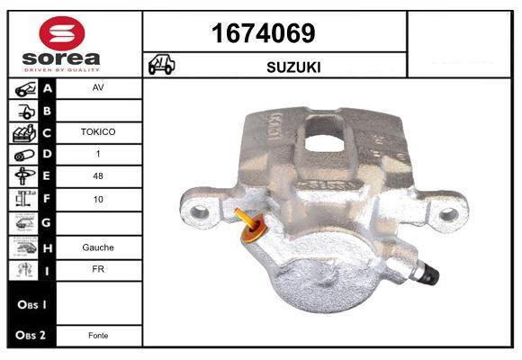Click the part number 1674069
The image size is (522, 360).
click(264, 33)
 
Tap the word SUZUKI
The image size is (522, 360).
click(293, 67)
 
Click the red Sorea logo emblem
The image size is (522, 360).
click(62, 33)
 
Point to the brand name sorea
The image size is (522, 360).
click(61, 58)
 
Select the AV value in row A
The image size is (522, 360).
click(98, 87)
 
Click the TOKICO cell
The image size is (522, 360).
click(98, 132)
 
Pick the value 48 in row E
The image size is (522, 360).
click(98, 175)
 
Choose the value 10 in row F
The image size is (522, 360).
click(98, 199)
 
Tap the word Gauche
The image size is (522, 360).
click(98, 247)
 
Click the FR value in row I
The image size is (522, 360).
click(98, 269)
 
